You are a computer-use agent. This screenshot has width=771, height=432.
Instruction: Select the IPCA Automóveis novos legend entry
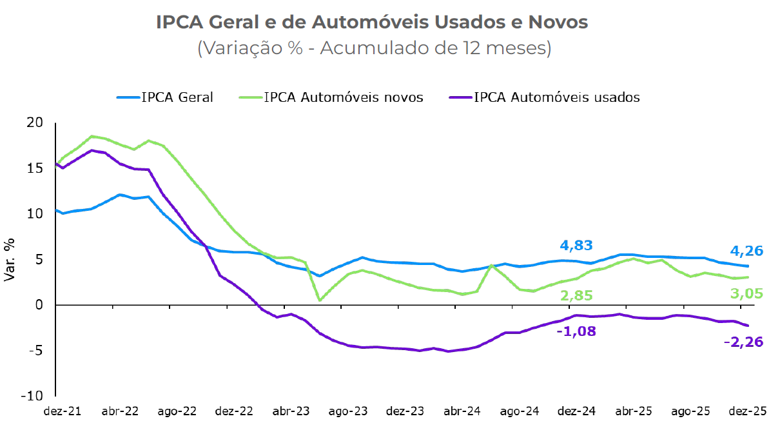(x=343, y=98)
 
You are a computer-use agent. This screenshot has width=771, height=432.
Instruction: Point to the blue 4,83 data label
(x=576, y=246)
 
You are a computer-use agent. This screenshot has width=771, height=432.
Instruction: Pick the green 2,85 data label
(x=576, y=295)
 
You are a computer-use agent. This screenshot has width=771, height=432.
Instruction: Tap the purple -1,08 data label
(x=576, y=331)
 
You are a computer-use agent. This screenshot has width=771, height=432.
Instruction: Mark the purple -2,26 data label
(x=745, y=342)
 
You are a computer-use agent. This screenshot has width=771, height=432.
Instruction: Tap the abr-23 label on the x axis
(x=291, y=411)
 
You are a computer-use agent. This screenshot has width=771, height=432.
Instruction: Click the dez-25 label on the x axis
(x=747, y=411)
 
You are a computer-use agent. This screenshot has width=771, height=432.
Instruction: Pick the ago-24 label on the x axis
(x=519, y=411)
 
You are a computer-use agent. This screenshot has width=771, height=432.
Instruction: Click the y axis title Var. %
(x=10, y=259)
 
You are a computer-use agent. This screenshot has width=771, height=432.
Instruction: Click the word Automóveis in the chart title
(x=370, y=22)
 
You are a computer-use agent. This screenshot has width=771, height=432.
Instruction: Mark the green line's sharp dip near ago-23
(x=320, y=300)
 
